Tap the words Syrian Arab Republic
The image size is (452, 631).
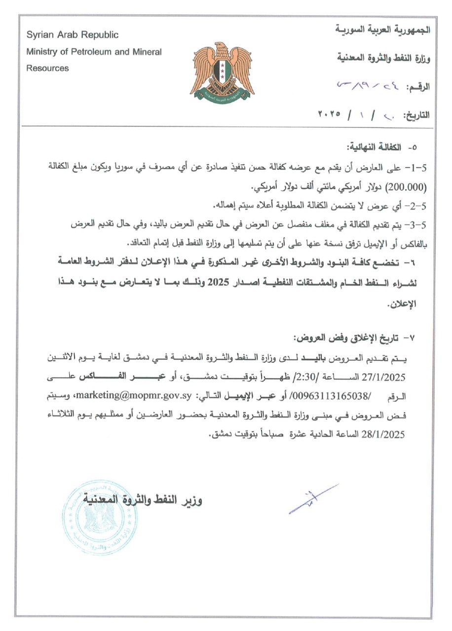[73, 35]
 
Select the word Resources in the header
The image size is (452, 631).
[47, 68]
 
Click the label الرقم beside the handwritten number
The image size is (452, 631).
[418, 87]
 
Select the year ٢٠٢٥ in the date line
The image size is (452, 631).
[330, 114]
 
